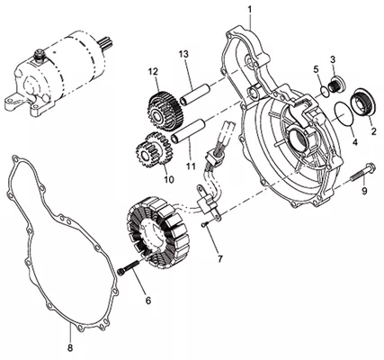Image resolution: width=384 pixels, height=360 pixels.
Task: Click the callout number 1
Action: [250, 10]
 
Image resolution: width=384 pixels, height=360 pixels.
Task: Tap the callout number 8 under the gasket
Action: [70, 348]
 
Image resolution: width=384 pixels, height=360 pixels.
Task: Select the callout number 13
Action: [183, 54]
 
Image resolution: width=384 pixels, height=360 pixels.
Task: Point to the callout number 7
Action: [220, 258]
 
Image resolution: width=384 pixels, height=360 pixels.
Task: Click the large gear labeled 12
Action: [165, 111]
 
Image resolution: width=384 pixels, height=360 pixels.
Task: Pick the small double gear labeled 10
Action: [154, 149]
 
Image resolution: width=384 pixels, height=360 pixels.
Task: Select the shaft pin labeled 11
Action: [188, 130]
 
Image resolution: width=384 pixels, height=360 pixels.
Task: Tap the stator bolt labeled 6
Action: [129, 266]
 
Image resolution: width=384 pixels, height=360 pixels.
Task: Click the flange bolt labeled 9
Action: [362, 172]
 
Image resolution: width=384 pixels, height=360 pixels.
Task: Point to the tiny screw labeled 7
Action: [204, 224]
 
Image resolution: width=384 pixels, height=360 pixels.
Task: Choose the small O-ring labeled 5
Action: [325, 91]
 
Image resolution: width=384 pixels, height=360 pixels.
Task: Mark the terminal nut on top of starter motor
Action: [39, 55]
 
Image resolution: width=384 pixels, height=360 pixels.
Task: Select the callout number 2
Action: [373, 130]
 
